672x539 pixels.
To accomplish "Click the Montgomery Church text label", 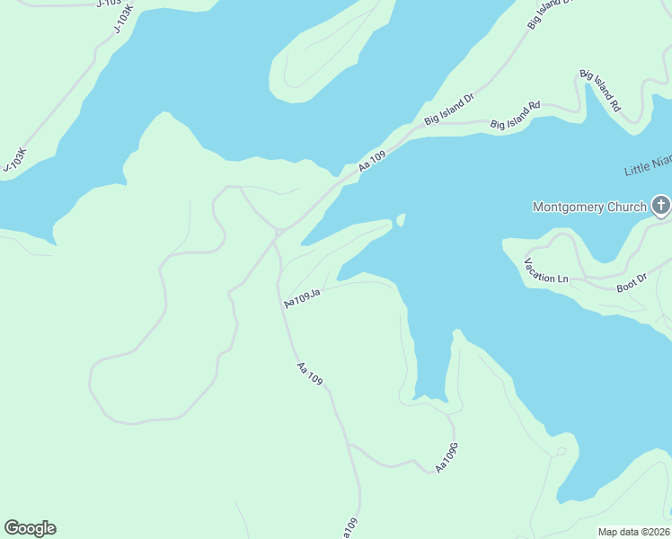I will (589, 207).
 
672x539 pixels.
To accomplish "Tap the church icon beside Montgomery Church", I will (660, 207).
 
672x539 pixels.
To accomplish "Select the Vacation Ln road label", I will (546, 271).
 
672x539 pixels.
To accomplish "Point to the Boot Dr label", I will (631, 284).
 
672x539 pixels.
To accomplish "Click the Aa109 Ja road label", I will (302, 296).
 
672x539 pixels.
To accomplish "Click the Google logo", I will (30, 528).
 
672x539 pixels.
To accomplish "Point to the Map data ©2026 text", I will (633, 532).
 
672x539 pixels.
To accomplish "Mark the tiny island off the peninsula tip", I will (401, 220).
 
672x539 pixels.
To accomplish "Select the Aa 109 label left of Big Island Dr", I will (372, 162).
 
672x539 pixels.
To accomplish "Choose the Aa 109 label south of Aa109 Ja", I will (310, 374).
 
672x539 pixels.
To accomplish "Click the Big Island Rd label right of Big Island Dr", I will (515, 115).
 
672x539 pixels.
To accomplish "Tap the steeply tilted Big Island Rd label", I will (600, 90).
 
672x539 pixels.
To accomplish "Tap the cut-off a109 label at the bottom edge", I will (350, 528).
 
